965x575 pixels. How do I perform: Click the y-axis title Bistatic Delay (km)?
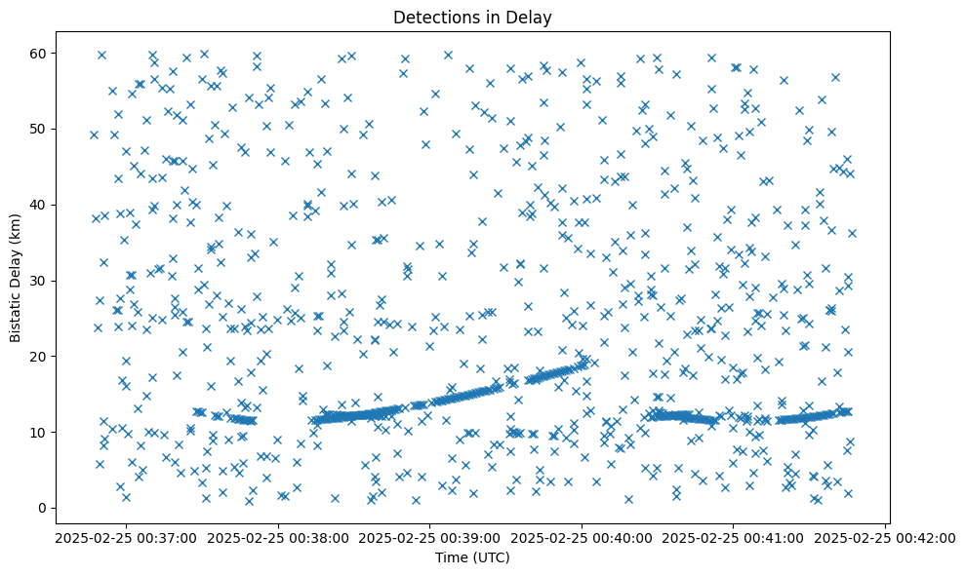[16, 277]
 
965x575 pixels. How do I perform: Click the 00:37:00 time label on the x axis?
[127, 537]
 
